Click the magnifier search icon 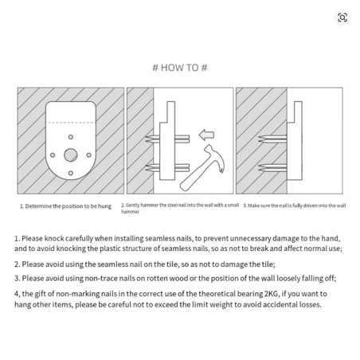(x=342, y=18)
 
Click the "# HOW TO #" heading (x=180, y=68)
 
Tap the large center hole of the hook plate (x=71, y=155)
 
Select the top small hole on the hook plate (x=71, y=137)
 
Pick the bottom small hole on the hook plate (x=71, y=173)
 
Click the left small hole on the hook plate (x=53, y=155)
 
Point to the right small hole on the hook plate (x=89, y=155)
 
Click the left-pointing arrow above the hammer (x=206, y=135)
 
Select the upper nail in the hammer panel (x=167, y=139)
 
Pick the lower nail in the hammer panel (x=167, y=168)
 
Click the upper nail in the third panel (x=272, y=139)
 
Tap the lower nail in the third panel (x=272, y=168)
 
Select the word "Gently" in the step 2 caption (x=132, y=205)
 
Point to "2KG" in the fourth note (x=272, y=294)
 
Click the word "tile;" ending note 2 (x=269, y=264)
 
